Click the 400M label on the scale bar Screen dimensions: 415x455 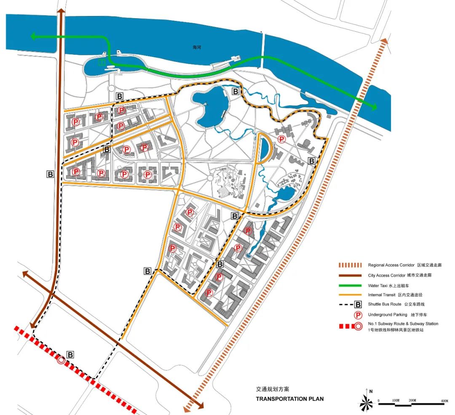pyautogui.click(x=444, y=400)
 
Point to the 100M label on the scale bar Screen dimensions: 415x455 pyautogui.click(x=396, y=400)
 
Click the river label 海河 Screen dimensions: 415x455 pyautogui.click(x=197, y=48)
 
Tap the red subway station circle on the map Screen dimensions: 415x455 pyautogui.click(x=61, y=360)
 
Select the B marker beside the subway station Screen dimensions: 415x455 pyautogui.click(x=70, y=355)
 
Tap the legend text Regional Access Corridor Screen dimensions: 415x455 pyautogui.click(x=391, y=265)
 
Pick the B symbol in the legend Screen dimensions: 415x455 pyautogui.click(x=357, y=304)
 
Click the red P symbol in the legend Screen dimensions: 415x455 pyautogui.click(x=357, y=315)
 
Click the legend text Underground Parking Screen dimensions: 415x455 pyautogui.click(x=388, y=315)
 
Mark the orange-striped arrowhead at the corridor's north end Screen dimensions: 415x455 pyautogui.click(x=384, y=41)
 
